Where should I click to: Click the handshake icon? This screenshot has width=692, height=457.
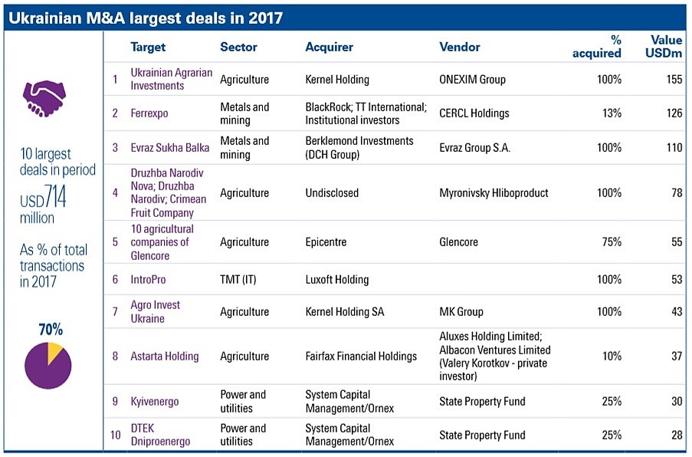point(44,98)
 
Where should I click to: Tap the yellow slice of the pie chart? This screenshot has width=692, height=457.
point(54,353)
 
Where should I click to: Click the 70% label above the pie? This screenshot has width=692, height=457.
point(51,330)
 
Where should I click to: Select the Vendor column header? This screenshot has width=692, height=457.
point(460,47)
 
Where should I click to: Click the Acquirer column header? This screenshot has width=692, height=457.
point(329,47)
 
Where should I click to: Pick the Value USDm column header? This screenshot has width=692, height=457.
point(666,46)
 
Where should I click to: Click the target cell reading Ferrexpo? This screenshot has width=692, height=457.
point(149,113)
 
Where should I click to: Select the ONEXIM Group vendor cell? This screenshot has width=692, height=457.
point(472,80)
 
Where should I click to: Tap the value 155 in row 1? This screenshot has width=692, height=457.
point(674,80)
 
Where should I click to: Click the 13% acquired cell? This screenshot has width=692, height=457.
point(610,113)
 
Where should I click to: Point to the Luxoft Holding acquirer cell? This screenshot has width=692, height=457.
point(336,280)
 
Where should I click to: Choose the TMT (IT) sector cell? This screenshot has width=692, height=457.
point(238,280)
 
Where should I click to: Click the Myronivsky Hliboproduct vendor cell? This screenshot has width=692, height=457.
point(494,193)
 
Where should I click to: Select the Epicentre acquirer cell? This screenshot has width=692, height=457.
point(326,242)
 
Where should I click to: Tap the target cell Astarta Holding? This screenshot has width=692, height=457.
point(164,357)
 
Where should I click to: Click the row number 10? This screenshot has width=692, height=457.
point(115,436)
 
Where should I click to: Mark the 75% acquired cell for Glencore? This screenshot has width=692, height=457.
point(610,242)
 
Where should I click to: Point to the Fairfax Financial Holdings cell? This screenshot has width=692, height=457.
point(361,357)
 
